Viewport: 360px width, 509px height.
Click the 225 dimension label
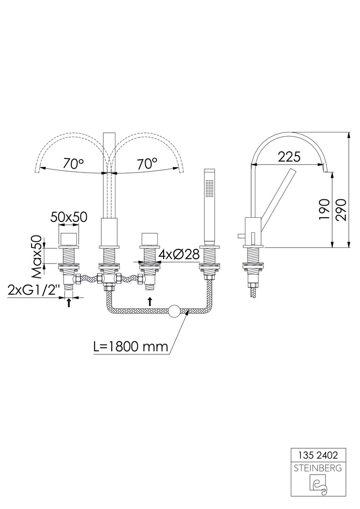[x=290, y=157]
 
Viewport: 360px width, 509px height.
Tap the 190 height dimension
[x=324, y=209]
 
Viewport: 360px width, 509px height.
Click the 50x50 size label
[x=69, y=217]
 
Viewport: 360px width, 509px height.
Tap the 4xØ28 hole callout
[x=179, y=254]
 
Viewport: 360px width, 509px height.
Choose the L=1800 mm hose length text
[x=131, y=347]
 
